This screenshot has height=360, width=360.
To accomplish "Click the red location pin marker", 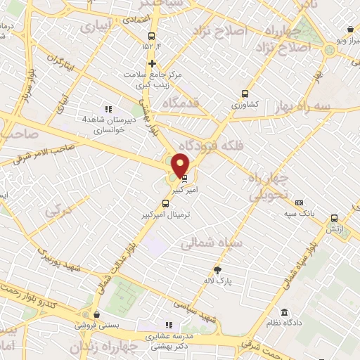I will pos(181,164).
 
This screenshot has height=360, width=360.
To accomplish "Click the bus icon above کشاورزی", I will pos(245,93).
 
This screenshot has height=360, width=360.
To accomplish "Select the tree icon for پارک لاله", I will pos(218,271).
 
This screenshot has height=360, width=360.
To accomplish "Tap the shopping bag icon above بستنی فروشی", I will pos(96,314).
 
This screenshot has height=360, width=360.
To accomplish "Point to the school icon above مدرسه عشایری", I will pos(168,325).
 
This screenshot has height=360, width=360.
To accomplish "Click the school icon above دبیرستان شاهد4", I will pos(108,109).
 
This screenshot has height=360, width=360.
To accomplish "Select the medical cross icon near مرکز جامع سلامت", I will pos(151,63).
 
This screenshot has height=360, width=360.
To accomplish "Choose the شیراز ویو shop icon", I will pos(350,30).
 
